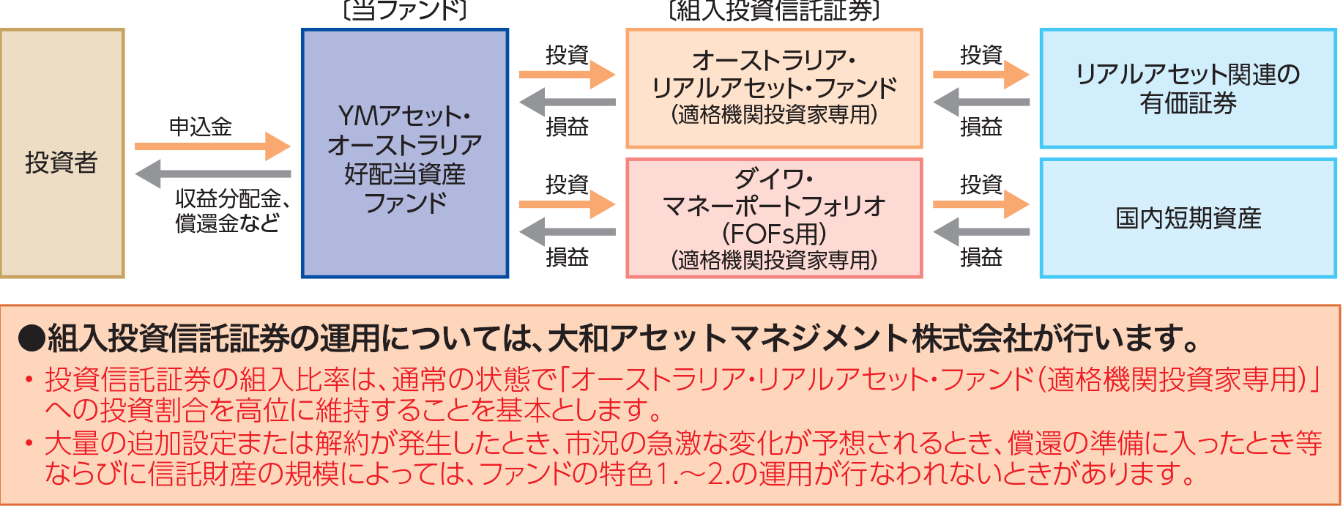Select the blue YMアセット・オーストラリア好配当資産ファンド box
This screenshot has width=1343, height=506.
(x=405, y=154)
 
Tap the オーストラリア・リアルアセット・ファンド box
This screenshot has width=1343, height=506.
(x=774, y=89)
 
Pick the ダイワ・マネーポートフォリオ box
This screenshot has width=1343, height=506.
(x=774, y=218)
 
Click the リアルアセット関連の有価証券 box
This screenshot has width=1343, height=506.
(x=1188, y=89)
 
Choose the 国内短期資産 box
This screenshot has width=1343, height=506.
(x=1188, y=218)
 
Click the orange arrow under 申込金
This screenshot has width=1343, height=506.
(x=212, y=146)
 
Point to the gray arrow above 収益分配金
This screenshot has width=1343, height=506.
(x=212, y=174)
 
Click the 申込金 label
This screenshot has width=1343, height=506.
(x=200, y=127)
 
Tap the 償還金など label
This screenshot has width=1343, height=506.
(x=227, y=223)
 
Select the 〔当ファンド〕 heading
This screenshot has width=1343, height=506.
(x=404, y=10)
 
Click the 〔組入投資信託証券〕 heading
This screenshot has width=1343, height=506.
(x=774, y=10)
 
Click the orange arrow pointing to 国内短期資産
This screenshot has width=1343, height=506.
(x=981, y=204)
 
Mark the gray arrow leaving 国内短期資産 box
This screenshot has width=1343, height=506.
(x=981, y=232)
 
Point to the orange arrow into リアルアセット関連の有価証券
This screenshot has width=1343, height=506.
(x=981, y=75)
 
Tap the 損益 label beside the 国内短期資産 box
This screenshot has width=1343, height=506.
(x=981, y=257)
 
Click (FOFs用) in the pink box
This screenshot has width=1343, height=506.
(x=774, y=234)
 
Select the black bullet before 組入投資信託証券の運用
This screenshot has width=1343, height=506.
(x=31, y=338)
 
